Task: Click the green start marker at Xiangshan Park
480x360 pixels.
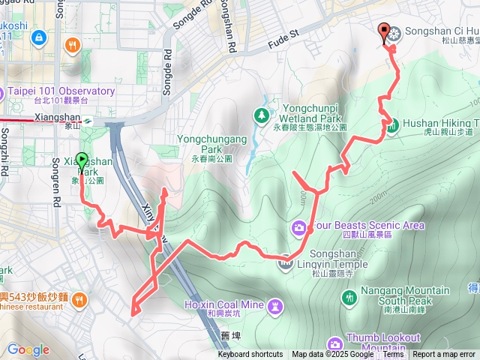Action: point(82,161)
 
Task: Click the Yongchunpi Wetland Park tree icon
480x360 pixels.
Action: point(262,115)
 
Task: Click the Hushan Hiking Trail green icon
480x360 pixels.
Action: point(392,126)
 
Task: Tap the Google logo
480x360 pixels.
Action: point(28,349)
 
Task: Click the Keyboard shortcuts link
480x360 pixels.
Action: point(250,355)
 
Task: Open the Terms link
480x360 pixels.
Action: point(394,355)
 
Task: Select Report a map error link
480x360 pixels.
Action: point(444,355)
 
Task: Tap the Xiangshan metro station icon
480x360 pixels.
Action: point(88,119)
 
